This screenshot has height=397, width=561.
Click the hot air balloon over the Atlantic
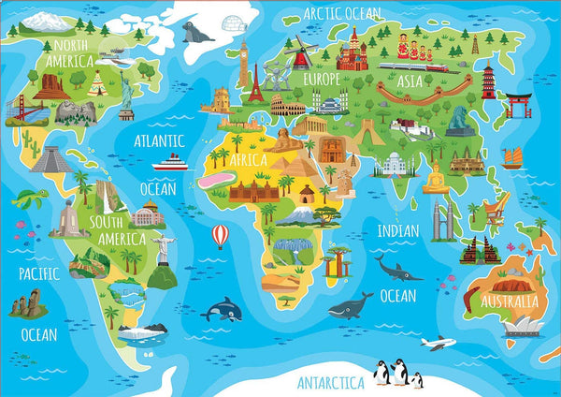tap(220, 235)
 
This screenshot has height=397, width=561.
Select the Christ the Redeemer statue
tap(161, 243)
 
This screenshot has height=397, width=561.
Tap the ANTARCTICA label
tap(331, 382)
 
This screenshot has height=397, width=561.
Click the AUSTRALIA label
tap(510, 301)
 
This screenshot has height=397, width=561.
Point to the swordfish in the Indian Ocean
tap(396, 270)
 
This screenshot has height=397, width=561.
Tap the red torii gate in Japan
tap(518, 102)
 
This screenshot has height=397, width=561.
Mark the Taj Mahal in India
tap(392, 165)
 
